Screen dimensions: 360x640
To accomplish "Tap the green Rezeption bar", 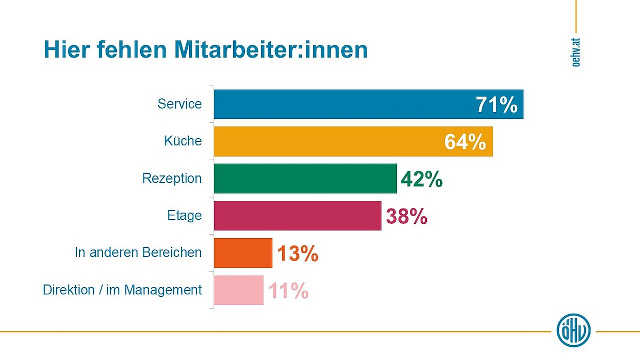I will (305, 178).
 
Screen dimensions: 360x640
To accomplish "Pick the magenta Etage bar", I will (297, 216).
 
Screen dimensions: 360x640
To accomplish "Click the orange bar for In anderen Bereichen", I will (243, 253).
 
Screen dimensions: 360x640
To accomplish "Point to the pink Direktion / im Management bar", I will (239, 290).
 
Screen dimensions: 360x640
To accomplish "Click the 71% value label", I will (497, 105).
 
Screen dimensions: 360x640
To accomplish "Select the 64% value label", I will (465, 142).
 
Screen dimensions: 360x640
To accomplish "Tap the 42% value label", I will (422, 179).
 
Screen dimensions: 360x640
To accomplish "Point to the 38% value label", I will (406, 216).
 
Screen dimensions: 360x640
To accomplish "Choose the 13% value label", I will (298, 253).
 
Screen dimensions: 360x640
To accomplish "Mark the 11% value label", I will (288, 291).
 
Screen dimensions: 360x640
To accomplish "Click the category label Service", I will (180, 104).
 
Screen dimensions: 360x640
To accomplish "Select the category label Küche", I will (183, 141).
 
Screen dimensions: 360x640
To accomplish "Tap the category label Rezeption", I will (172, 178).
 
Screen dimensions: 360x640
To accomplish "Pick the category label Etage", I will (185, 216).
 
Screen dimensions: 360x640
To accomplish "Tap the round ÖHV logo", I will (574, 330).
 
